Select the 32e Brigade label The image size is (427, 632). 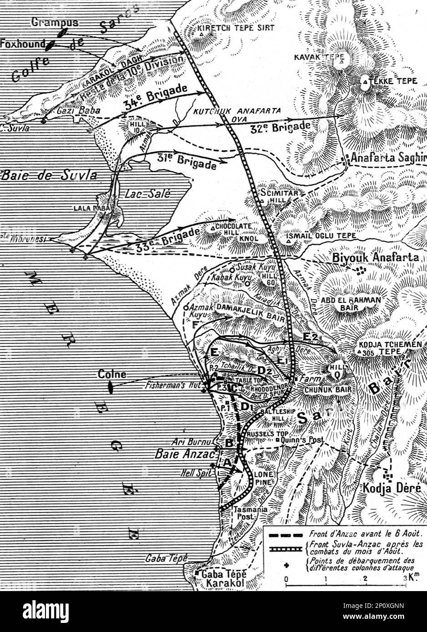point(280,127)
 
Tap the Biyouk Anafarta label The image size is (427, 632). point(375,257)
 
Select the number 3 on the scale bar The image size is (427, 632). point(404,579)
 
